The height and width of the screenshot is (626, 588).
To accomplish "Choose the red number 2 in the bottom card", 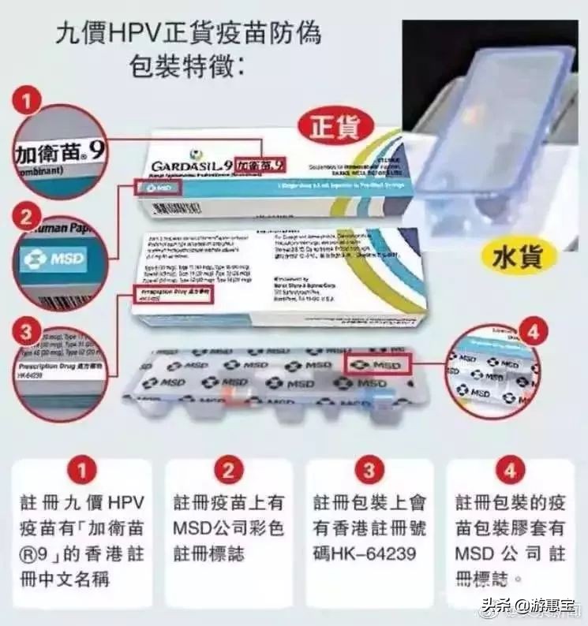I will (228, 472).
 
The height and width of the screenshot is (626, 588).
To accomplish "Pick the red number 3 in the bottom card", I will (369, 472).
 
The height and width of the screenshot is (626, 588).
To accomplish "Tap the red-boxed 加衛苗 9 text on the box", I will (260, 165).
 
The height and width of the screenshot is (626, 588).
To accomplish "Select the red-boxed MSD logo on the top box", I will (160, 188).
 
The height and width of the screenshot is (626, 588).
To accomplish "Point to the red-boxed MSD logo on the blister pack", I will (378, 364).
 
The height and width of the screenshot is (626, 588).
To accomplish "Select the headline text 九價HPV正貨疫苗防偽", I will (189, 34).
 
